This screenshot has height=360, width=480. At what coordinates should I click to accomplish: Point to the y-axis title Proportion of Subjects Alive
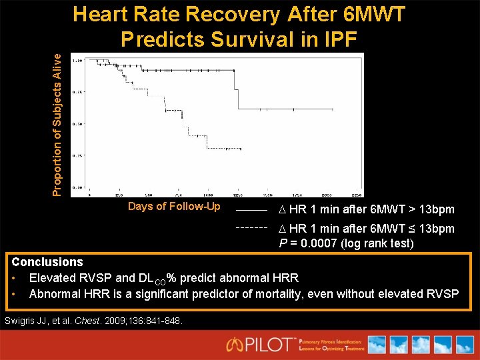point(58,125)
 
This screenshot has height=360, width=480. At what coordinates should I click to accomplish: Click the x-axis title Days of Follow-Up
point(174,206)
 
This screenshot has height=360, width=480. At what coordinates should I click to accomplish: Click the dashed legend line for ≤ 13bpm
point(252,227)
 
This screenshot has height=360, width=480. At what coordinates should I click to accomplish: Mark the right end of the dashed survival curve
point(241,149)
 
